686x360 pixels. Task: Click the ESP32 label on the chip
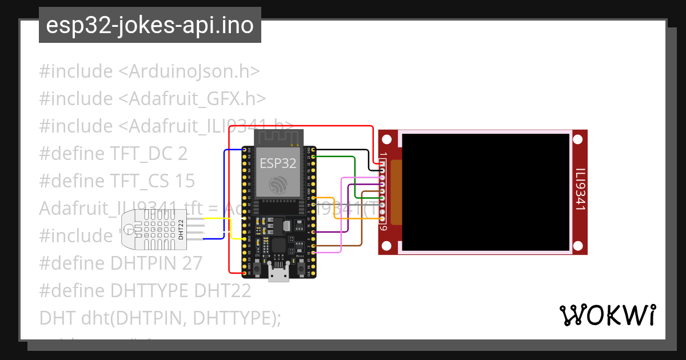(x=278, y=163)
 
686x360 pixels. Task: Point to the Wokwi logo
(x=607, y=315)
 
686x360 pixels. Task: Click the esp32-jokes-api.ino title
(x=150, y=25)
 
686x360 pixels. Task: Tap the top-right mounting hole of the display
(x=579, y=139)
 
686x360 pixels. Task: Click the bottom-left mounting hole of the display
(x=387, y=246)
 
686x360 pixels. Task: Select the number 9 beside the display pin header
(x=384, y=229)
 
